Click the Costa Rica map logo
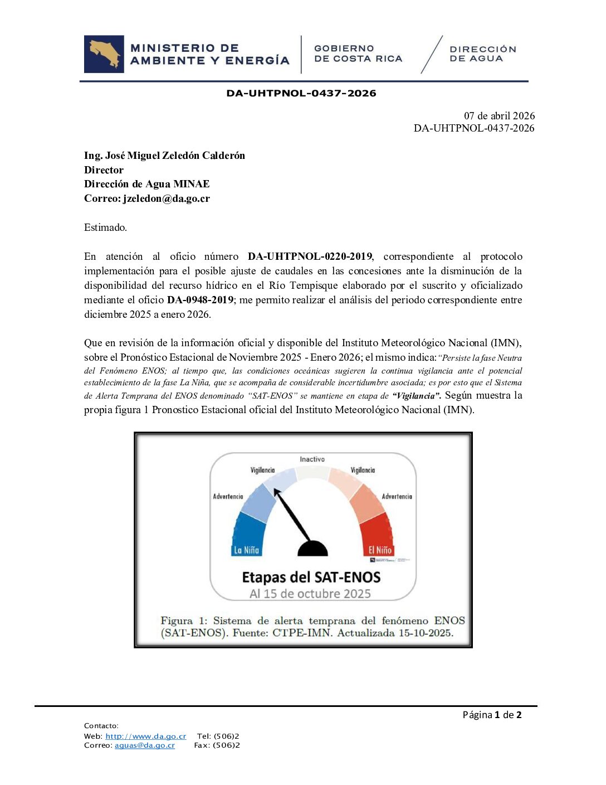[x=104, y=54]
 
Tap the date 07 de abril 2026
[x=499, y=116]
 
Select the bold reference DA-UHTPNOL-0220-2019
[x=310, y=256]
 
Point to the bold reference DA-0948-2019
[x=200, y=300]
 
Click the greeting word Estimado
[x=105, y=227]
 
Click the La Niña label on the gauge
[x=246, y=550]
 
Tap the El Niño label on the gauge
[x=380, y=550]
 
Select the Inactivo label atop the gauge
[x=312, y=459]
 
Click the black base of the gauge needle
[x=312, y=549]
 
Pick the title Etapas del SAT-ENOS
[x=311, y=577]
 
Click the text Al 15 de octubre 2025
[x=310, y=594]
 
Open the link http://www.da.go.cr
[x=146, y=736]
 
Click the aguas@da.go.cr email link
[x=145, y=745]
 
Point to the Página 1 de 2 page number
[x=492, y=715]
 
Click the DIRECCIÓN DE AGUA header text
[x=482, y=54]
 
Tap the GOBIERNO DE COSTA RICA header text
[x=358, y=54]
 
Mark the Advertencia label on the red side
[x=397, y=496]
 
